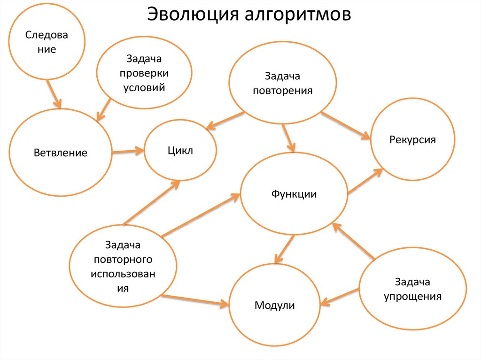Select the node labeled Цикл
click(180, 151)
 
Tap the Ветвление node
click(60, 153)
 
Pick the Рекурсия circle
click(412, 139)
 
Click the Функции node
click(294, 194)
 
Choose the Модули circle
click(275, 305)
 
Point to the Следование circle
click(47, 42)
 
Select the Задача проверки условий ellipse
click(144, 73)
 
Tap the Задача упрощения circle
click(412, 289)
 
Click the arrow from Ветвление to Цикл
click(128, 151)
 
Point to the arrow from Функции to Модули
click(285, 248)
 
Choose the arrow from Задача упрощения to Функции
click(353, 241)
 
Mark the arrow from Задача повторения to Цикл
click(225, 120)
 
